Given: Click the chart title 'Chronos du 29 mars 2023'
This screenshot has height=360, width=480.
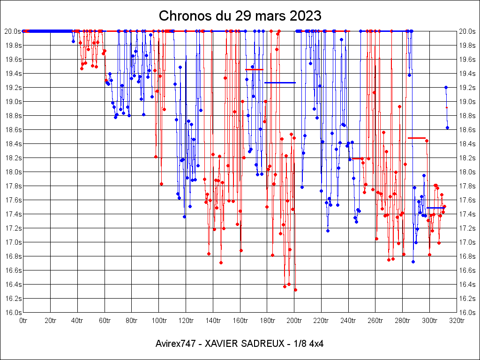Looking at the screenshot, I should point(240,15).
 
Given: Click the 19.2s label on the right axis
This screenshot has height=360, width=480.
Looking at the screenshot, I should point(467,87).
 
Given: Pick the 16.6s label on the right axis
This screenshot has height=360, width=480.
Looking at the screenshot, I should point(467,270).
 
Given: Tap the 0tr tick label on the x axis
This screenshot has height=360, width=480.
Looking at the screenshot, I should point(23,321).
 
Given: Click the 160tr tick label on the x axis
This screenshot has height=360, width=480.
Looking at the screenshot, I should point(240,321).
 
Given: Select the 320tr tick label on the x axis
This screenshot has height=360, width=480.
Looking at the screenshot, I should point(457,321).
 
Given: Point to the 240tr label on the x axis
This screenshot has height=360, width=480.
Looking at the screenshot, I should point(348,321).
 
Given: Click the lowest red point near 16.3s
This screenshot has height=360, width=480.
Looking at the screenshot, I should point(295,290).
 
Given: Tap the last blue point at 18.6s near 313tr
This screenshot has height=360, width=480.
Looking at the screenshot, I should point(447,127).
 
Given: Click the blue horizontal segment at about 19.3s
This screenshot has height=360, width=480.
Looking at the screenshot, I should point(280,82).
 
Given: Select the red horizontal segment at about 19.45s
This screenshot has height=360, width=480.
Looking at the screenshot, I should point(254,69).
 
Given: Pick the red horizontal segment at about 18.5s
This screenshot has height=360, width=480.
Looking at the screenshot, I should point(416,138).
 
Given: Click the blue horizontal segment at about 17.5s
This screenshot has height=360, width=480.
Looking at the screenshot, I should point(435,208).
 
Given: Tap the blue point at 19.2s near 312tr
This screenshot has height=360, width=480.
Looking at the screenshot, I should point(446,87).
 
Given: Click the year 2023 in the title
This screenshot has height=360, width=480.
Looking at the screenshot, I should point(306,15).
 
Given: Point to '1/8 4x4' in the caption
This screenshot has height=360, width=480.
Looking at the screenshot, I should point(307,344).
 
